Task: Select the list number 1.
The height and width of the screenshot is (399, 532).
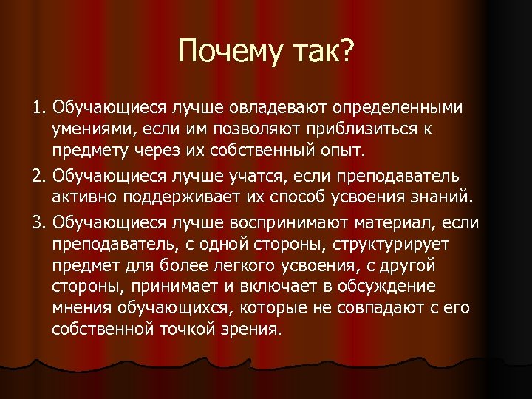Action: coord(38,109)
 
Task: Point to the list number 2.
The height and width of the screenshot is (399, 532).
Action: coord(38,177)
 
